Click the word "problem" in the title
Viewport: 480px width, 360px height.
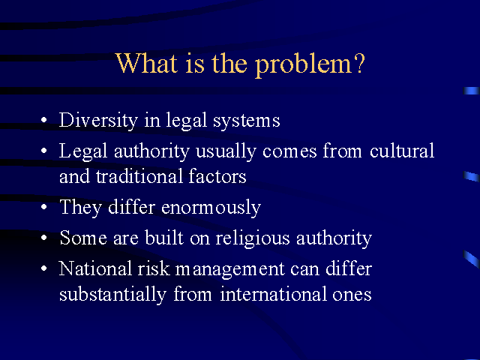304,65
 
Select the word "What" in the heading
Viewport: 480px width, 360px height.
147,63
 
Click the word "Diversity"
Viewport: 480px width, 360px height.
98,120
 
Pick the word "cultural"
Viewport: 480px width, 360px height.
402,151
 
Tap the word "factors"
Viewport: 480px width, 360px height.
217,176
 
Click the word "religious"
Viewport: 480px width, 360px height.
253,238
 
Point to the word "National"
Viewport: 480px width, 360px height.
95,268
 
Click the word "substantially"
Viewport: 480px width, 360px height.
112,295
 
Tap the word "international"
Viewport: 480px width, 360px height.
273,294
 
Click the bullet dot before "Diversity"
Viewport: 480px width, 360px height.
44,120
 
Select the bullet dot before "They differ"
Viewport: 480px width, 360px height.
44,207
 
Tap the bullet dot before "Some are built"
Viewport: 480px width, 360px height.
44,238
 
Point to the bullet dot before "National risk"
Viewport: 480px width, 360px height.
44,268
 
